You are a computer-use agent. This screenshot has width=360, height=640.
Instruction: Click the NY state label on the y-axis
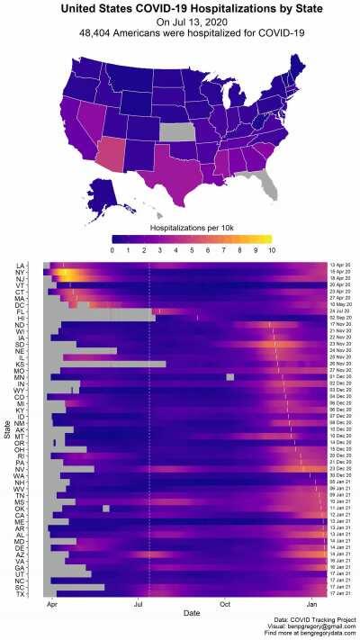[x=20, y=272]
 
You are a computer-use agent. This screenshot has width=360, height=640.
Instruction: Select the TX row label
[x=20, y=594]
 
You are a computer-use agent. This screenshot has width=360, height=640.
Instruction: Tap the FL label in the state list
[x=20, y=311]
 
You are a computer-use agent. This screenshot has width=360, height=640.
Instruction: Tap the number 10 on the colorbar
[x=268, y=248]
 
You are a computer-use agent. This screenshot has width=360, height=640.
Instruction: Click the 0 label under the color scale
[x=113, y=248]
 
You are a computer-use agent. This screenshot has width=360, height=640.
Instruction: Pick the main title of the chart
[x=180, y=8]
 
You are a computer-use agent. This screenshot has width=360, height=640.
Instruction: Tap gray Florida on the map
[x=262, y=185]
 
